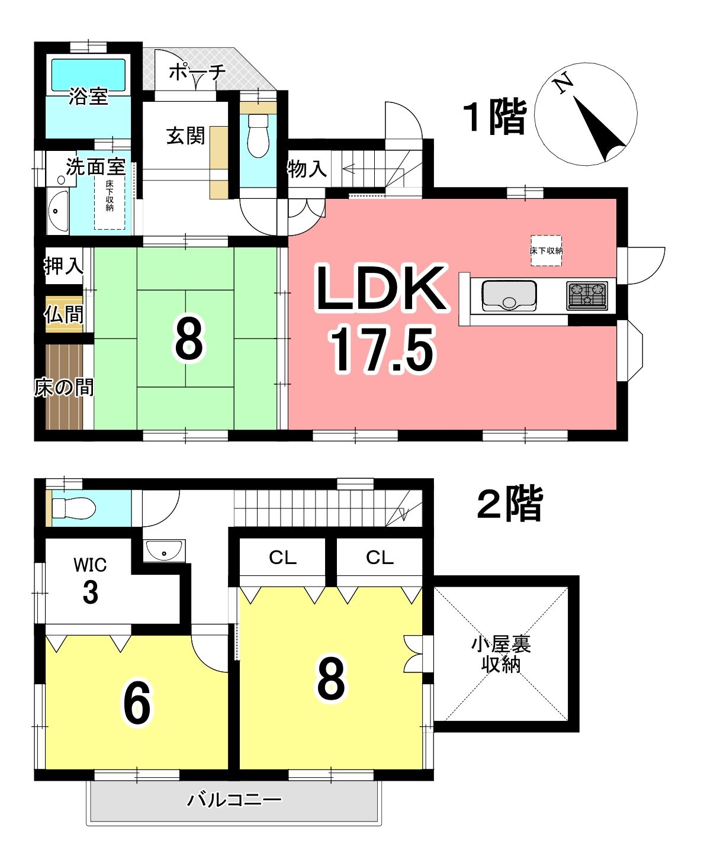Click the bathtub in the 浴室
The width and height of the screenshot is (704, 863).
pos(88,75)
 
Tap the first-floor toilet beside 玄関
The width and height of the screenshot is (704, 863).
pos(258,136)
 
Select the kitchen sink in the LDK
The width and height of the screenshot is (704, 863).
pos(509,296)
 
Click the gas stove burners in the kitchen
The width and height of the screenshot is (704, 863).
pos(587,295)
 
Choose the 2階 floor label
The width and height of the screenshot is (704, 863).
pos(510,503)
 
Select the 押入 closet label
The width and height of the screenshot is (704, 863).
pos(64,266)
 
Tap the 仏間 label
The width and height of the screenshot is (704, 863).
pos(64,314)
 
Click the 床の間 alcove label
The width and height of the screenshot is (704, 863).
pos(64,388)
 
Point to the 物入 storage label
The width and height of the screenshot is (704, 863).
pos(307,169)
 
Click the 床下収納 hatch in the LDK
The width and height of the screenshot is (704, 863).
pos(546,250)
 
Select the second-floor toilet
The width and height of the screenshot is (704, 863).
pos(74,509)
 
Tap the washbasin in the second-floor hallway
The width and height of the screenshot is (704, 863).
pos(164,550)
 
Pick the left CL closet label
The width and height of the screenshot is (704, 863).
pos(282,558)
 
